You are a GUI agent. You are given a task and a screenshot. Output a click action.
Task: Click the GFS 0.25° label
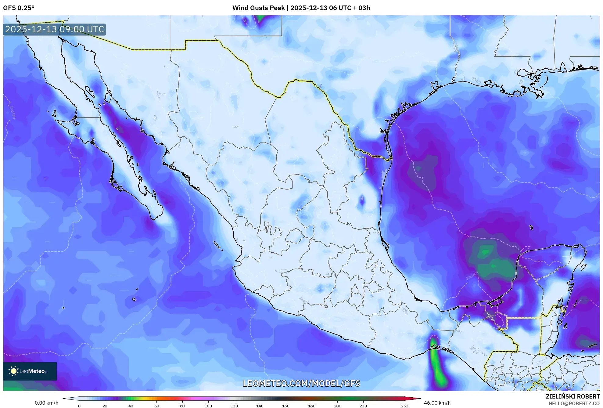pos(19,8)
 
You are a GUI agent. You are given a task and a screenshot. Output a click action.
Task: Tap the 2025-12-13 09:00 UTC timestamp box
pos(55,30)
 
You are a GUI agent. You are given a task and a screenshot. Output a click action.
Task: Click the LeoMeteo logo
pos(30,371)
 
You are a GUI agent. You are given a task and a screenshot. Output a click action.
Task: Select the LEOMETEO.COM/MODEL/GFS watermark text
pos(301,383)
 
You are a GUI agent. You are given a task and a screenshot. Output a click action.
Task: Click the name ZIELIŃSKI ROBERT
pos(572,396)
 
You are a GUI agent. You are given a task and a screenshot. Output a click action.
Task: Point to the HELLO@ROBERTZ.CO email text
pos(574,403)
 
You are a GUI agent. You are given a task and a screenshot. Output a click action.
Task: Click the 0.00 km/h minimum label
pos(46,403)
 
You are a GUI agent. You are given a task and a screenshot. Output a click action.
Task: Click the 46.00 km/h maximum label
pos(437,403)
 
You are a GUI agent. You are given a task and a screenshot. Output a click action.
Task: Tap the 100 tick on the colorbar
pos(208,406)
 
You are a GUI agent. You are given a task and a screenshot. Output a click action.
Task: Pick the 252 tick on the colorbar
pos(404,406)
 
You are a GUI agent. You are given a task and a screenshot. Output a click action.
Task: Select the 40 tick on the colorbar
pos(131,406)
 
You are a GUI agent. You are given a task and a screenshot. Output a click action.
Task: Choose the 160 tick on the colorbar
pos(286,406)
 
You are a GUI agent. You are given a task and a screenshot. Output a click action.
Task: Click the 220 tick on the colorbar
pos(363,406)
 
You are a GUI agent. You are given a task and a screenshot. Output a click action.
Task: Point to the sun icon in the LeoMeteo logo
pos(13,371)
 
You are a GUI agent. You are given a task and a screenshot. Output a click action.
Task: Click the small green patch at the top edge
pos(260,18)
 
